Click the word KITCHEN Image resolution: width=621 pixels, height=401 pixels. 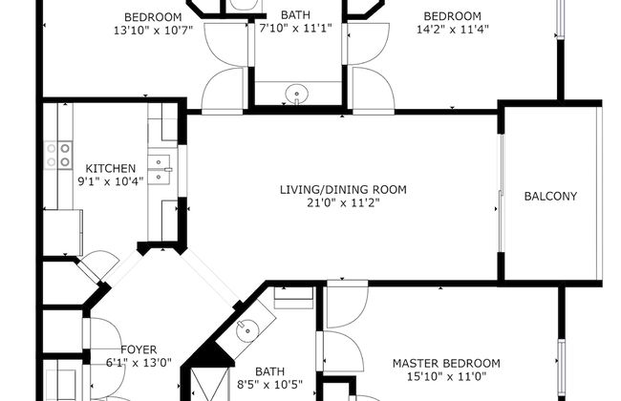[x=110, y=168]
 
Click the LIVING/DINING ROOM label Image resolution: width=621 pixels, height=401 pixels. [x=343, y=190]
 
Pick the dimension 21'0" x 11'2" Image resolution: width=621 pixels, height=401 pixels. [x=343, y=203]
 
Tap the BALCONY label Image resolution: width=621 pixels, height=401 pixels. [x=550, y=197]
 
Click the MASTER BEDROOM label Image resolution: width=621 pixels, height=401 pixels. [x=446, y=363]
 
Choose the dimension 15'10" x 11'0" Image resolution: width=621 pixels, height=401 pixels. [x=446, y=376]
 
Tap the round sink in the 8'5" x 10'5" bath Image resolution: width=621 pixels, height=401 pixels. [x=246, y=331]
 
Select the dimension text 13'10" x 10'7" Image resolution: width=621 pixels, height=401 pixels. [x=154, y=31]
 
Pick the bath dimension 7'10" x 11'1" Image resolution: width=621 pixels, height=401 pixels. [x=294, y=29]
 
